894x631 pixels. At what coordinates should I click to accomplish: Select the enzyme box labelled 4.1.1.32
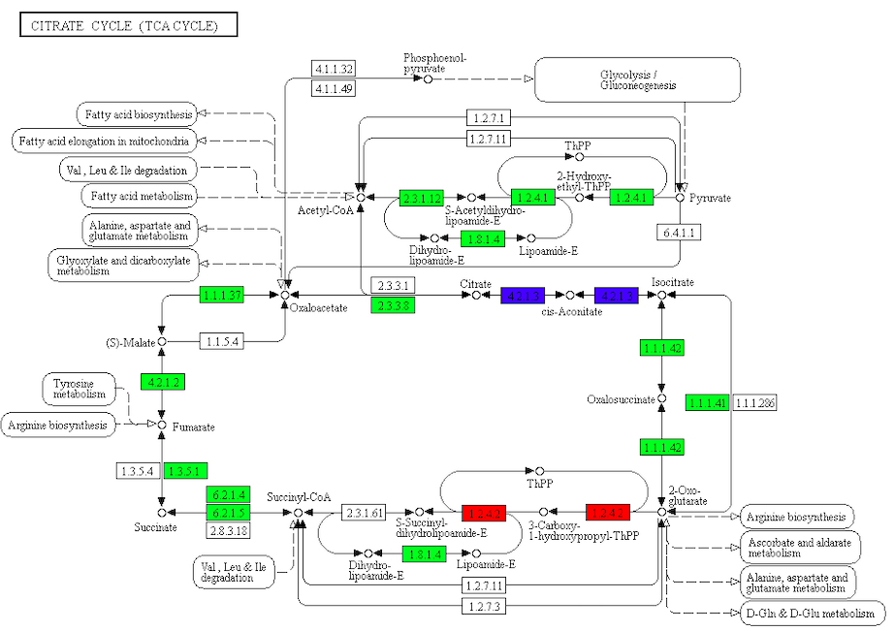pyautogui.click(x=333, y=68)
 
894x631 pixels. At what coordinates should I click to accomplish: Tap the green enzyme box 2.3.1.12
pyautogui.click(x=421, y=198)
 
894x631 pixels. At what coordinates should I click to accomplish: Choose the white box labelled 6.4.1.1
pyautogui.click(x=679, y=233)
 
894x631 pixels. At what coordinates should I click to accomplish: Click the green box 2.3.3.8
pyautogui.click(x=392, y=304)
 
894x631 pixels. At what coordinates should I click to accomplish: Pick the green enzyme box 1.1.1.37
pyautogui.click(x=222, y=294)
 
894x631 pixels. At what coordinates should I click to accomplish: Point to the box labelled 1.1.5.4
pyautogui.click(x=222, y=341)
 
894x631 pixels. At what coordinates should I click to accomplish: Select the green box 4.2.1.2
pyautogui.click(x=162, y=382)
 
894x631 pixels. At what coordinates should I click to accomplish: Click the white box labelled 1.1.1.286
pyautogui.click(x=756, y=402)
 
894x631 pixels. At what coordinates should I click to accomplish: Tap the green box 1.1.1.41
pyautogui.click(x=706, y=402)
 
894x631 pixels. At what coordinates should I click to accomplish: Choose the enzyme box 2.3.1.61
pyautogui.click(x=365, y=512)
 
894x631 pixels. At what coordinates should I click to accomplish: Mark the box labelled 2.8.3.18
pyautogui.click(x=228, y=530)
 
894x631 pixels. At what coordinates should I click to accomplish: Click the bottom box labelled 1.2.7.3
pyautogui.click(x=482, y=607)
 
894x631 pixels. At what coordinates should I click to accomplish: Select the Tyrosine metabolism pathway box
pyautogui.click(x=79, y=390)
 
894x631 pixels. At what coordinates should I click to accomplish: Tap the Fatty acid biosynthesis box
pyautogui.click(x=138, y=114)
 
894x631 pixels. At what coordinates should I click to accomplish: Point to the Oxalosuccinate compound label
pyautogui.click(x=621, y=399)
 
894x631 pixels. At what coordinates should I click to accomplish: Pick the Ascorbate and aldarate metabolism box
pyautogui.click(x=799, y=548)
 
